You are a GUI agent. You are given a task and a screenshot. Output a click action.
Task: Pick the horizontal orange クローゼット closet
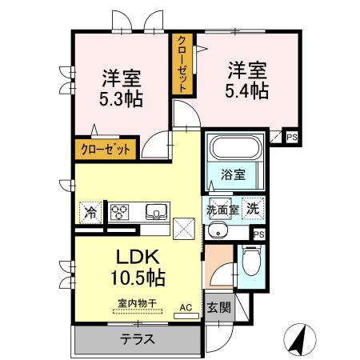pos(105,148)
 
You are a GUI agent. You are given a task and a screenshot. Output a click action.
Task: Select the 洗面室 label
pos(223,209)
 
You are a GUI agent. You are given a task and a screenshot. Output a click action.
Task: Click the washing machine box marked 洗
pos(253,206)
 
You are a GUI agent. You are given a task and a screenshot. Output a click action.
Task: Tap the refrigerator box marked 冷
pos(91,213)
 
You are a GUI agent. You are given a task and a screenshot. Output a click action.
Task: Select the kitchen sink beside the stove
pos(155,212)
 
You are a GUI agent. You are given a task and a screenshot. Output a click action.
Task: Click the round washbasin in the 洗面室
pos(216,230)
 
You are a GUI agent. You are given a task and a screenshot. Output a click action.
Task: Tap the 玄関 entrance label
pos(218,307)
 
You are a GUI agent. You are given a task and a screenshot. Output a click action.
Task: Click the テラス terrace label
pos(138,338)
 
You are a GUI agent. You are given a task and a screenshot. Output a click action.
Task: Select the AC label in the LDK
pos(186,307)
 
